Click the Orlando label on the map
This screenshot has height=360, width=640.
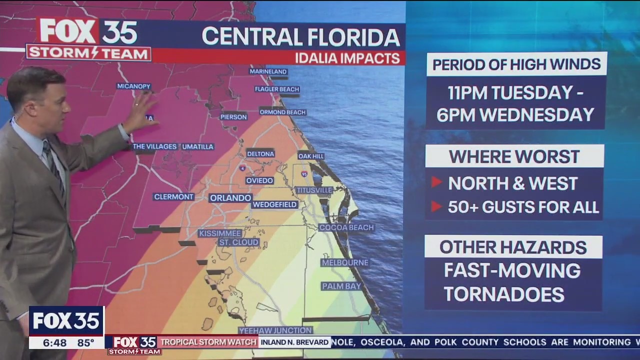coord(230,198)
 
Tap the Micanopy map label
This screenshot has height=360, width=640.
coord(133,86)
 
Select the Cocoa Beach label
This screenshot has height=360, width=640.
coord(346,227)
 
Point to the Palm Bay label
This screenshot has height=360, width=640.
coord(341,286)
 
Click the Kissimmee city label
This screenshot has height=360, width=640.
coord(220,233)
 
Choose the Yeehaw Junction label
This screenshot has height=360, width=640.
coord(275,330)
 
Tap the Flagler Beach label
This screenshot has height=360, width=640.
coord(276,89)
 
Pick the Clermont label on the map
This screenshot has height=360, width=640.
coord(173,197)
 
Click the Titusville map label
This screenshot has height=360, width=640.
coord(314,190)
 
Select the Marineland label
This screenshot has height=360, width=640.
coord(268,71)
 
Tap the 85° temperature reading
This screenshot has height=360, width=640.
coord(85,342)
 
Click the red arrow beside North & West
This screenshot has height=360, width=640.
coord(436,182)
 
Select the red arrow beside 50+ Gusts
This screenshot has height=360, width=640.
coord(436,206)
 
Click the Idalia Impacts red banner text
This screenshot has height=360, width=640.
coord(347,57)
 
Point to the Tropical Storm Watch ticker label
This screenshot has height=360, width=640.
coord(208,342)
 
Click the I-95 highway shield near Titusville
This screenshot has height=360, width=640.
coord(304,174)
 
